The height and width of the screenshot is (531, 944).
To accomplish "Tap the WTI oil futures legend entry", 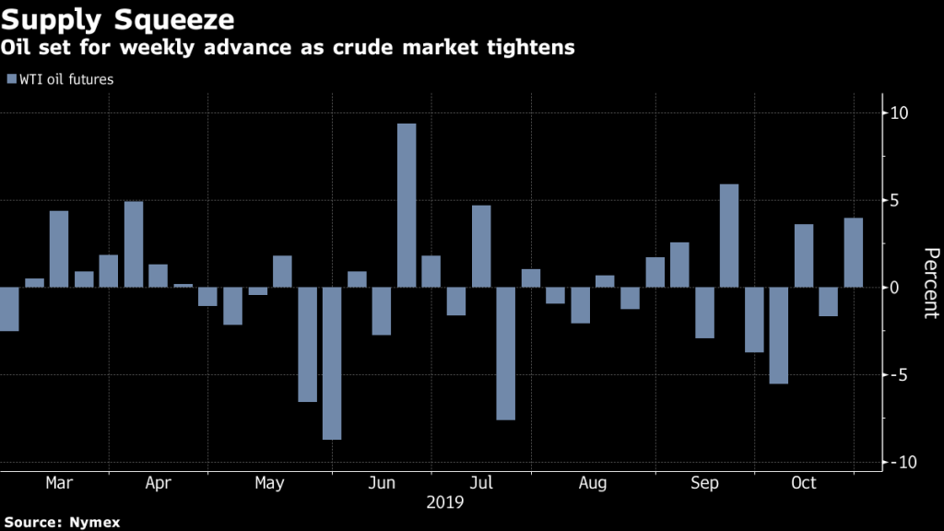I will pos(61,80).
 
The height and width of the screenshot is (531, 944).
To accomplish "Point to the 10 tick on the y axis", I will pos(899,113).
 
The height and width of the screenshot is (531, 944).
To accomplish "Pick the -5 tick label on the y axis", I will pos(900,375).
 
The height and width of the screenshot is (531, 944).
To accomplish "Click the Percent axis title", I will pos(930,282).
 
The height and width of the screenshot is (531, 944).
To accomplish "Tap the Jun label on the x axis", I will pos(382,483).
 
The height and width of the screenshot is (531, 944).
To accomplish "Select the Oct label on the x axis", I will pos(804,483).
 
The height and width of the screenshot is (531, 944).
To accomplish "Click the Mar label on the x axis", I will pos(59,483).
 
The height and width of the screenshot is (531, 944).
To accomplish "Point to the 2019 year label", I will pos(444,503).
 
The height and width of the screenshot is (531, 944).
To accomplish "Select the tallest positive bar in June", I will pos(407,205).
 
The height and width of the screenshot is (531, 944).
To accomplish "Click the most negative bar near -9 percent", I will pos(332,363).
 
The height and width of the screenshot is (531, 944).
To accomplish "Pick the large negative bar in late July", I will pos(505,353).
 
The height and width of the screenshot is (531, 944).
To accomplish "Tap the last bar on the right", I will pos(854,253).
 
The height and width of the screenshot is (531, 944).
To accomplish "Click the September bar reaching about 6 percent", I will pos(729,236).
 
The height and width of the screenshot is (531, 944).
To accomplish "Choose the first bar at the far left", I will pos(9,309).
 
